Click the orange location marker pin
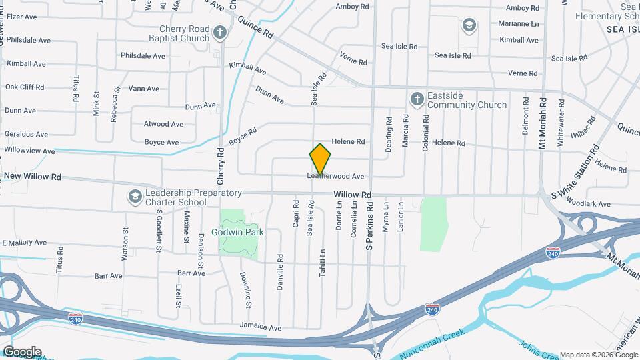(320, 159)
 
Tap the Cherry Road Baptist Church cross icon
(221, 32)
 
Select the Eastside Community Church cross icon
(417, 99)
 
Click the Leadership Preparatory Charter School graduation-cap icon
(135, 197)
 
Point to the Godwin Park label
(239, 233)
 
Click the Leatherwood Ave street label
(335, 177)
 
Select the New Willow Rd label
(33, 177)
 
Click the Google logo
(21, 352)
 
